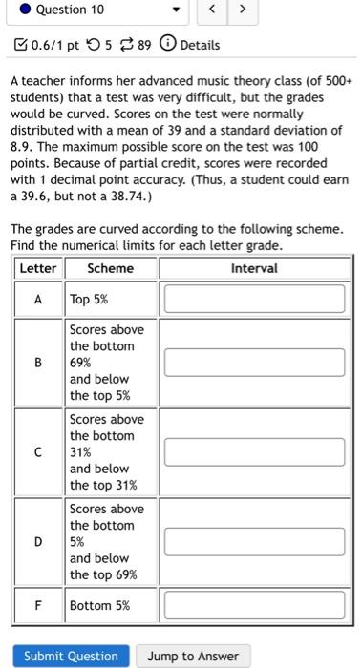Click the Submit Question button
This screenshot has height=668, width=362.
tap(71, 657)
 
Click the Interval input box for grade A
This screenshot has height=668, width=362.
tap(254, 299)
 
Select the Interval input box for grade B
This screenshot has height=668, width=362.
tap(254, 363)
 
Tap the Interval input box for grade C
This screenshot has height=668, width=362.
tap(254, 452)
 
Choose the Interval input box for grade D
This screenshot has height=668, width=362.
tap(254, 541)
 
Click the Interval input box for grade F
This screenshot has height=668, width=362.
tap(254, 605)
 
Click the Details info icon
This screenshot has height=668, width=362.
tap(166, 45)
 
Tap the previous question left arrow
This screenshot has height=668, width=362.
tap(215, 10)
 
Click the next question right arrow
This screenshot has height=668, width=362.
tap(243, 10)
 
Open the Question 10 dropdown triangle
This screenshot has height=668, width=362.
tap(175, 10)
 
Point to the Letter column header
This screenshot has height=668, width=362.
tap(38, 268)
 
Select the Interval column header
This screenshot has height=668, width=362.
tap(254, 268)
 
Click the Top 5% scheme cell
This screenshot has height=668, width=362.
tap(89, 299)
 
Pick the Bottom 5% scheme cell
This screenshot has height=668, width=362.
tap(99, 605)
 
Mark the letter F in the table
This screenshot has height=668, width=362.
tap(38, 605)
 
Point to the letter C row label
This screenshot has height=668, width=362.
tap(38, 452)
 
